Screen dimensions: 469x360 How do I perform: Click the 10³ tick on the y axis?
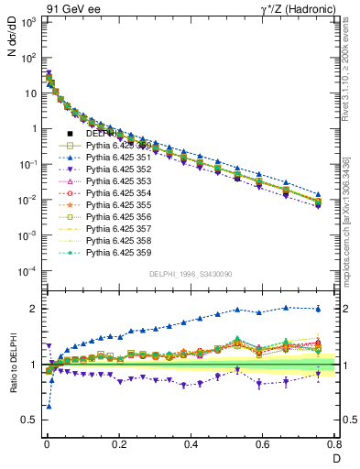pos(27,21)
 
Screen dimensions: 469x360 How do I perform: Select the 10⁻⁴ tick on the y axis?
pos(27,270)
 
